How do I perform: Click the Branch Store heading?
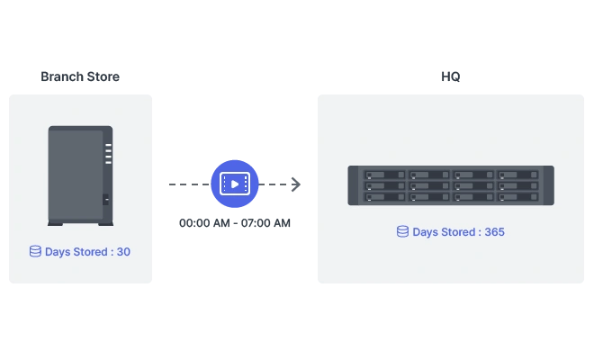(80, 76)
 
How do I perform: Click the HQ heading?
(450, 76)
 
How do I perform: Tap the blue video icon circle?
(235, 184)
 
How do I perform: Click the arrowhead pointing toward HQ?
(296, 184)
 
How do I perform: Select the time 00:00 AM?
(204, 223)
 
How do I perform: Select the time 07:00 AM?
(265, 223)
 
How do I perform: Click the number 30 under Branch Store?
(123, 252)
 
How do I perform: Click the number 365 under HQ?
(494, 232)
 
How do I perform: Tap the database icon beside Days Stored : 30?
(35, 251)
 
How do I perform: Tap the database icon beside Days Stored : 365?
(402, 231)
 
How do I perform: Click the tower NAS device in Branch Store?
(80, 175)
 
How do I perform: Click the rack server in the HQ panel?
(451, 185)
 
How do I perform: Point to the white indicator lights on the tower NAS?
(108, 154)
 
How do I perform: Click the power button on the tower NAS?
(105, 199)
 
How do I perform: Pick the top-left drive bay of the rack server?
(385, 175)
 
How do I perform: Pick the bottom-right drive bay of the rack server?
(518, 197)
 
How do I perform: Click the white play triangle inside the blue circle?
(235, 184)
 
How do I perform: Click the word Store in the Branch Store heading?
(103, 76)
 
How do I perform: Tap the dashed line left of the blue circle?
(189, 184)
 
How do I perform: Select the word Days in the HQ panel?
(425, 232)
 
